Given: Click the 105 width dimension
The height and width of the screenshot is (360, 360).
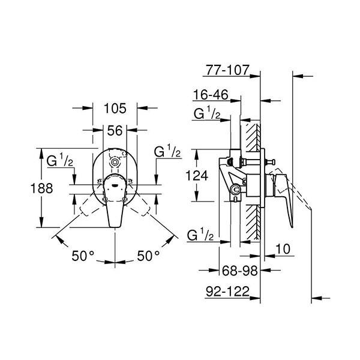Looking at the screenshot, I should pos(115,109).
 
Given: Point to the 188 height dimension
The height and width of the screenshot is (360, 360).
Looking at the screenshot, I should pos(41,188).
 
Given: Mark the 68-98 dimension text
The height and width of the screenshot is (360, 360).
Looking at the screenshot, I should pos(238,271).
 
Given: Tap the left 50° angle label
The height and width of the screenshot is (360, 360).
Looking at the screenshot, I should pos(83,256).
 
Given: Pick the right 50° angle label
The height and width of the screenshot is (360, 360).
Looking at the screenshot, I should pos(148,256).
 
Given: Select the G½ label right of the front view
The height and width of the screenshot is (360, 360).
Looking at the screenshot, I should pos(168,152).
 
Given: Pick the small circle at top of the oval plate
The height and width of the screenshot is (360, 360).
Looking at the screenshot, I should pos(116,162).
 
